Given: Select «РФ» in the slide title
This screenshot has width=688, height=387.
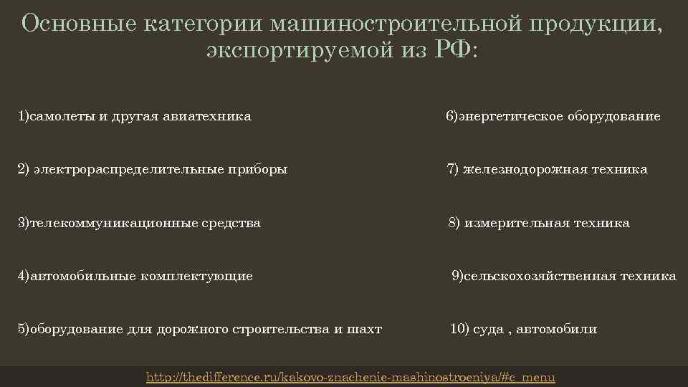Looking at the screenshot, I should tap(453, 52).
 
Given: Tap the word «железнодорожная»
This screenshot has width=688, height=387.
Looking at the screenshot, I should tap(524, 170).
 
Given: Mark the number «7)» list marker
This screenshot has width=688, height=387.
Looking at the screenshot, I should tap(454, 170).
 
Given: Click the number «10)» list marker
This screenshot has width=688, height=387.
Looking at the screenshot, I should tap(459, 330).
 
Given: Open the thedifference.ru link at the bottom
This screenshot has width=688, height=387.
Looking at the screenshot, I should tap(350, 377).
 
